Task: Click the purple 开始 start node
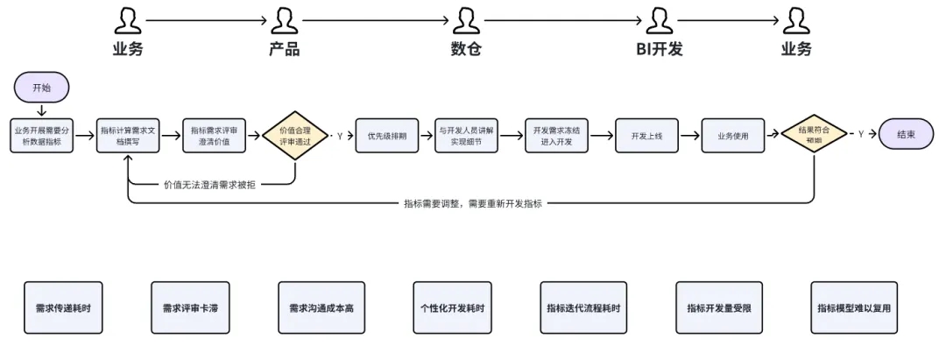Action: (41, 88)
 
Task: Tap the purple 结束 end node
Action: (906, 134)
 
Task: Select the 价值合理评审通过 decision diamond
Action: (294, 135)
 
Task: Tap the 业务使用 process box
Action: (733, 135)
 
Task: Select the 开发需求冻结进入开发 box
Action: (556, 135)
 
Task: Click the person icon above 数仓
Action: (465, 19)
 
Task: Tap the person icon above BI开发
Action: (659, 19)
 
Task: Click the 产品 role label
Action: (284, 49)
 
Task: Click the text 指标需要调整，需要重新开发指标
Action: (473, 203)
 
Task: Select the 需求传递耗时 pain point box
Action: (63, 307)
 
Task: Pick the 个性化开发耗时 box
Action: (452, 307)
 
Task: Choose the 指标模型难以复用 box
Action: (853, 307)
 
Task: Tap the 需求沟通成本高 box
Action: (321, 307)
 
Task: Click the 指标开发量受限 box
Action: (718, 307)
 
